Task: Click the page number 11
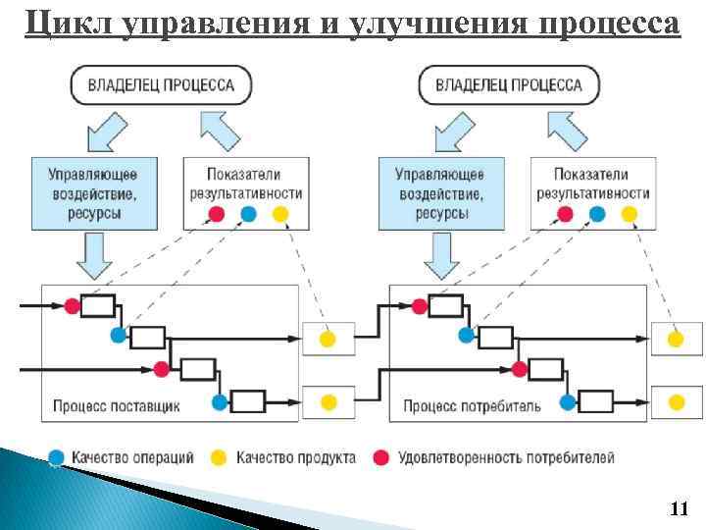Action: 678,508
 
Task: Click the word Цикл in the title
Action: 67,22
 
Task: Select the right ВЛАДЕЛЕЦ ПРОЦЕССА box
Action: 508,85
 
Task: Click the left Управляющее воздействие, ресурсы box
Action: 93,192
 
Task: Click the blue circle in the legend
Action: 57,457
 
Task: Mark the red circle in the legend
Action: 380,457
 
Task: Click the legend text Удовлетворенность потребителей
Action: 505,457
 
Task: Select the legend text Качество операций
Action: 132,457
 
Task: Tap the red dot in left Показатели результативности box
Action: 217,214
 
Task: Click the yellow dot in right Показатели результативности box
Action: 629,214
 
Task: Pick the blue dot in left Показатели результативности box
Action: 248,214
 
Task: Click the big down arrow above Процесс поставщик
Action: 93,257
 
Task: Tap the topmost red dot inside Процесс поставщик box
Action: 72,306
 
